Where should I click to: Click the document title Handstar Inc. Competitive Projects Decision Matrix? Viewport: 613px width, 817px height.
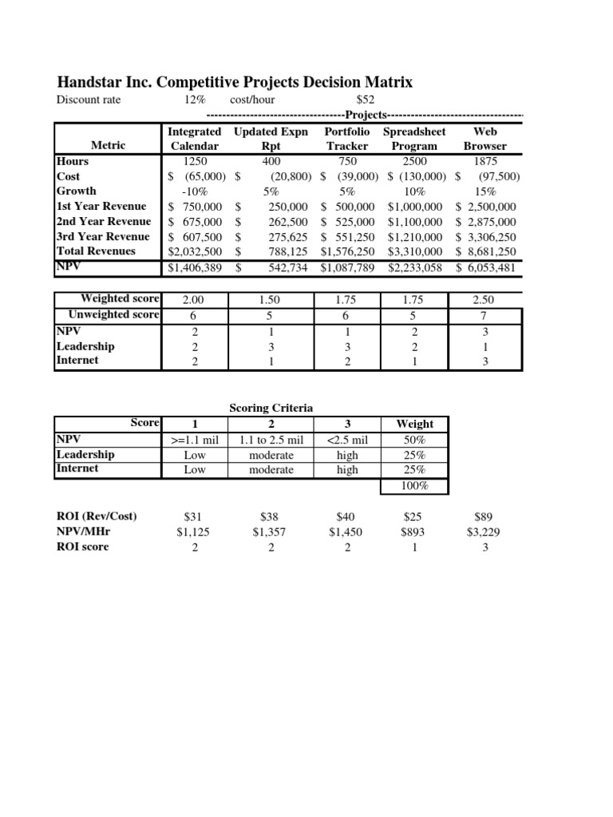(x=235, y=82)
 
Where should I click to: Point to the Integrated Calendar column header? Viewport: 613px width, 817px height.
(x=195, y=138)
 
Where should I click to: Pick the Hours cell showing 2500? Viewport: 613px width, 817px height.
(x=414, y=161)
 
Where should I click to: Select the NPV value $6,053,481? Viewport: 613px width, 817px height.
(x=487, y=268)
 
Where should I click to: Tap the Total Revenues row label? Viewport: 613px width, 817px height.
(x=96, y=251)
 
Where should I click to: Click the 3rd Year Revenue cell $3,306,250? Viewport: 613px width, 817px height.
(x=487, y=237)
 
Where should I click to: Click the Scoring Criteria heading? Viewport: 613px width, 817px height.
(x=271, y=408)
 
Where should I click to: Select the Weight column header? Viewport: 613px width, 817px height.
(x=415, y=424)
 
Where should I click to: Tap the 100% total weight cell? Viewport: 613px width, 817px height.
(x=415, y=486)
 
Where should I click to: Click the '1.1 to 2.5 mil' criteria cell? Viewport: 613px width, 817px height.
(x=271, y=440)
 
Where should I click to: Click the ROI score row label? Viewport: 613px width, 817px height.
(x=82, y=547)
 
